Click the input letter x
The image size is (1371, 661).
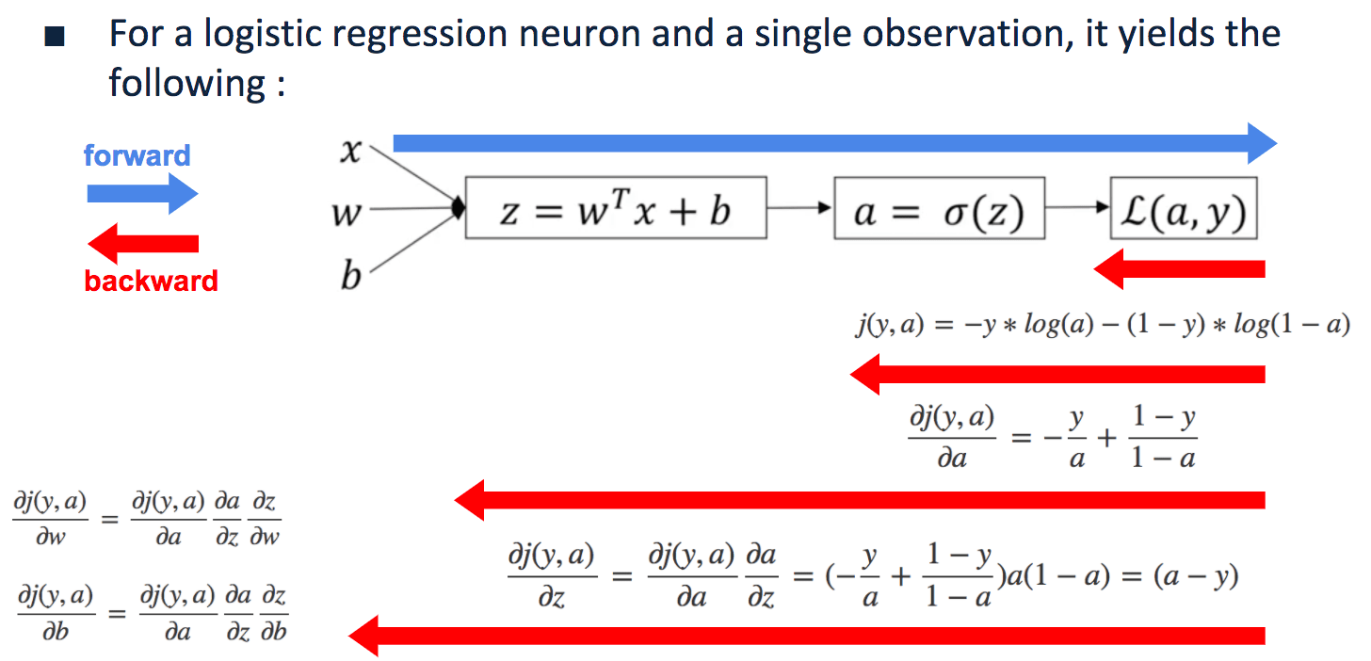pyautogui.click(x=349, y=151)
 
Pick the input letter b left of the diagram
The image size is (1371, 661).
pyautogui.click(x=349, y=277)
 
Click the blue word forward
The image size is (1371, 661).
pyautogui.click(x=137, y=155)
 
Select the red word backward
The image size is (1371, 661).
pyautogui.click(x=151, y=281)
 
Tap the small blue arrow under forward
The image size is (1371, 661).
pyautogui.click(x=142, y=194)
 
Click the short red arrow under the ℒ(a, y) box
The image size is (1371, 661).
pyautogui.click(x=1179, y=269)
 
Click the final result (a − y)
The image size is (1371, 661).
pyautogui.click(x=1196, y=575)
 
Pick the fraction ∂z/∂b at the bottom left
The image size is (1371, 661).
pyautogui.click(x=273, y=612)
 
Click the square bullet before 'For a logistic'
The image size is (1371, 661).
pyautogui.click(x=56, y=39)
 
